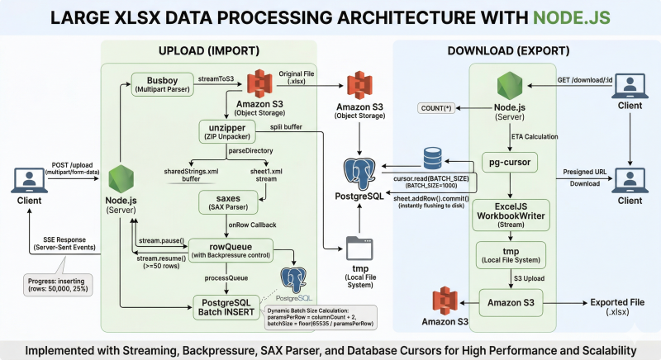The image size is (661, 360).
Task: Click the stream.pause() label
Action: pos(159,239)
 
